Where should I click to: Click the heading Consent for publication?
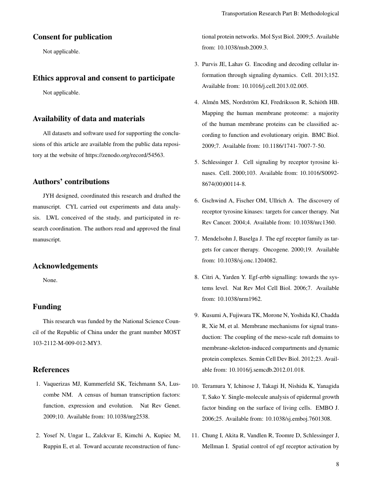pyautogui.click(x=72, y=37)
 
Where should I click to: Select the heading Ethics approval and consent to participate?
pyautogui.click(x=104, y=78)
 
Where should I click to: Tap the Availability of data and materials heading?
pyautogui.click(x=89, y=119)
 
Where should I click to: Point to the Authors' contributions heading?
pyautogui.click(x=71, y=182)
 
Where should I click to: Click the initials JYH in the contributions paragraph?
pyautogui.click(x=49, y=195)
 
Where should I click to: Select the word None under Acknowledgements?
pyautogui.click(x=50, y=280)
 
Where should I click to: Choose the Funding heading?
pyautogui.click(x=47, y=307)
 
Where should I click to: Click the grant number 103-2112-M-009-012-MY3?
pyautogui.click(x=67, y=343)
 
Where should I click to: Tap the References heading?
pyautogui.click(x=51, y=370)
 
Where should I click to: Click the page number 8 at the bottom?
pyautogui.click(x=337, y=464)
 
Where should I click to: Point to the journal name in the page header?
pyautogui.click(x=280, y=14)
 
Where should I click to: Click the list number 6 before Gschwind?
pyautogui.click(x=196, y=201)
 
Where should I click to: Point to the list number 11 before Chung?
pyautogui.click(x=195, y=435)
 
